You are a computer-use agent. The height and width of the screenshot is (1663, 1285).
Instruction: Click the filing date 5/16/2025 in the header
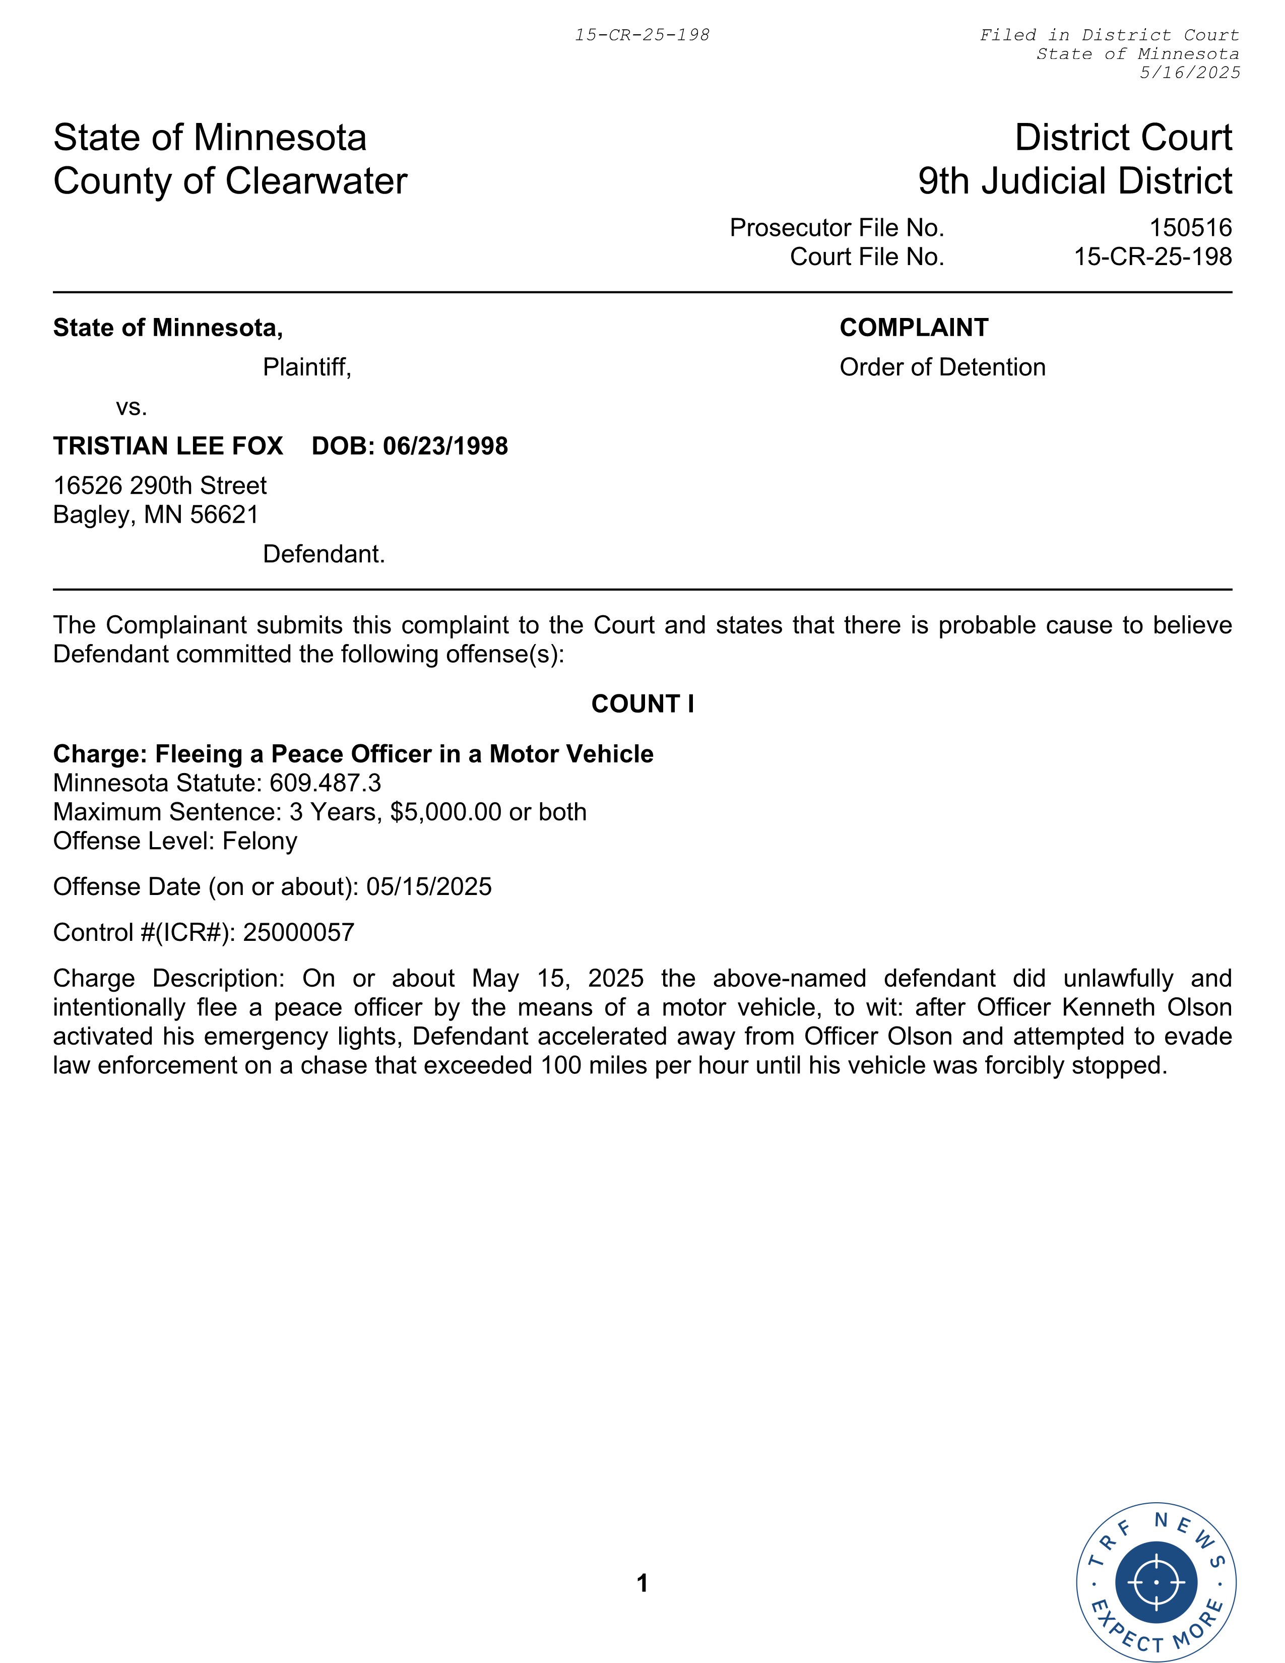pyautogui.click(x=1189, y=73)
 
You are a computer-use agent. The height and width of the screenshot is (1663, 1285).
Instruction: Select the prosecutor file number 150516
pyautogui.click(x=1190, y=228)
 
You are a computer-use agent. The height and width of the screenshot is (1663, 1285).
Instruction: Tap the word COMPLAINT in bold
pyautogui.click(x=914, y=328)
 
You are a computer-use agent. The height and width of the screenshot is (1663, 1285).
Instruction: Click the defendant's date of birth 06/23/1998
pyautogui.click(x=445, y=446)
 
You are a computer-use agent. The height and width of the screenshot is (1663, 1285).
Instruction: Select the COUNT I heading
pyautogui.click(x=642, y=703)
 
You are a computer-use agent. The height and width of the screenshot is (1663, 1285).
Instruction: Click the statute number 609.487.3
pyautogui.click(x=325, y=783)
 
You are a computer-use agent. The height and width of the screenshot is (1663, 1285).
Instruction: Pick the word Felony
pyautogui.click(x=260, y=841)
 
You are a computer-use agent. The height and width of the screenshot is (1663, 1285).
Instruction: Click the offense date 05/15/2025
pyautogui.click(x=429, y=886)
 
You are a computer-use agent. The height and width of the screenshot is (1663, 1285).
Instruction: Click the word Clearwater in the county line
pyautogui.click(x=316, y=181)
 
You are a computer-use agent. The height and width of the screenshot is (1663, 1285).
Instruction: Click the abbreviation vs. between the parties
pyautogui.click(x=131, y=407)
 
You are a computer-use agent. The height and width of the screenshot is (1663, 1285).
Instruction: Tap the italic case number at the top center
pyautogui.click(x=641, y=35)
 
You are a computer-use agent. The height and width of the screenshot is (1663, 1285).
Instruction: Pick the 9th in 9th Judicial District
pyautogui.click(x=942, y=181)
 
